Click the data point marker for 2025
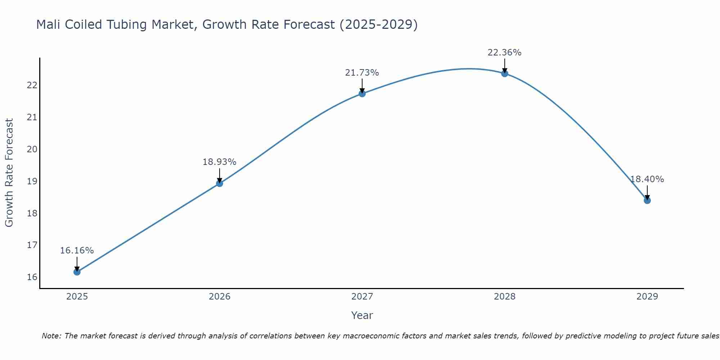(77, 272)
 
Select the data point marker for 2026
(220, 183)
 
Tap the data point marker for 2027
(362, 94)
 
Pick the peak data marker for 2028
(505, 73)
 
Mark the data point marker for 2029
(647, 200)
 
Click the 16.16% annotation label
(77, 251)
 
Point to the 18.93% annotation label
(220, 162)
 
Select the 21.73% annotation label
(362, 73)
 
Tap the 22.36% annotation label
(505, 53)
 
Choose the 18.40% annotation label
(647, 179)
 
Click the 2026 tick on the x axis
(220, 297)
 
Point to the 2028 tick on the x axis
(505, 297)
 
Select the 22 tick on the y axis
(32, 85)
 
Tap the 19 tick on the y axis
(32, 181)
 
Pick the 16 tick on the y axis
(32, 277)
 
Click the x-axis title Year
(362, 315)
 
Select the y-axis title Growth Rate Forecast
(9, 173)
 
